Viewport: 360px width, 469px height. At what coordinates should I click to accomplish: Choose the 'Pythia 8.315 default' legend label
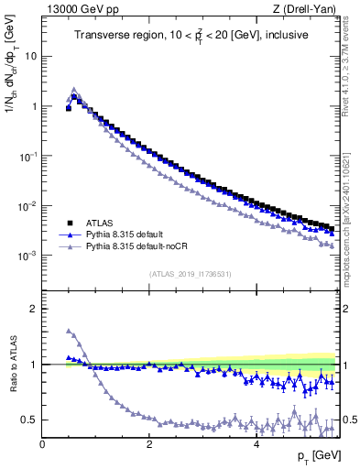click(x=134, y=234)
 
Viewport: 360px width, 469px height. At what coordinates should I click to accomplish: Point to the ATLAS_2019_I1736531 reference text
click(x=191, y=274)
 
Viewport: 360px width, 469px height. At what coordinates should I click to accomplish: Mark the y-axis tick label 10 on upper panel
click(x=30, y=56)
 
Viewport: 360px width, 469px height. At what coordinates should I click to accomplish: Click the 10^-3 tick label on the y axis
click(x=27, y=256)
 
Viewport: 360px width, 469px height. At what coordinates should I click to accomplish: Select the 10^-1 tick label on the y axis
click(x=27, y=157)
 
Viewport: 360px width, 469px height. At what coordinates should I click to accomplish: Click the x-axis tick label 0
click(x=42, y=444)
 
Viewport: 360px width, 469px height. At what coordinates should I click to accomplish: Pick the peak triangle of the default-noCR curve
click(x=74, y=91)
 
